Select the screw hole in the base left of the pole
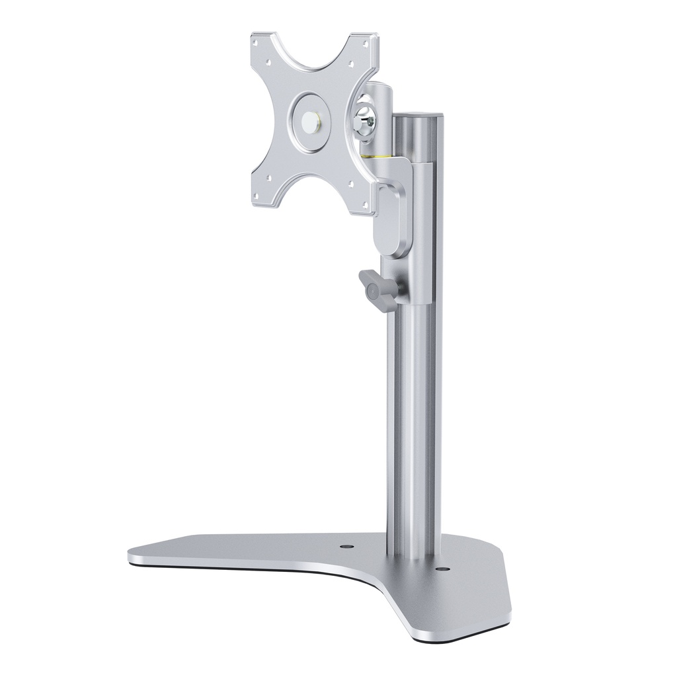click(x=345, y=548)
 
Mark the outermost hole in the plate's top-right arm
click(x=366, y=44)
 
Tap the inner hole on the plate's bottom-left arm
click(x=269, y=177)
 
